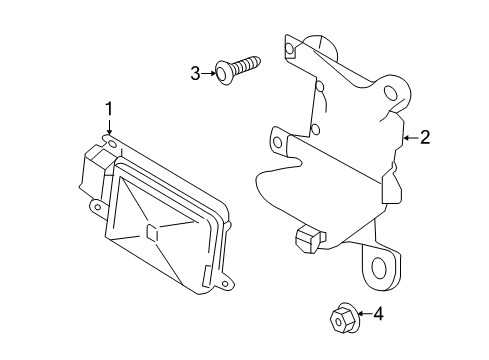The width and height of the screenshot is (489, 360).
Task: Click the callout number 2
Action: coord(424,138)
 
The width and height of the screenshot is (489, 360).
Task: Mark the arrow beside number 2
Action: coord(408,138)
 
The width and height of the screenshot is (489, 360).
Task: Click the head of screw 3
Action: coord(225,71)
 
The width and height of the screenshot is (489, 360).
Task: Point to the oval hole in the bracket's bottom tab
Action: coord(379,268)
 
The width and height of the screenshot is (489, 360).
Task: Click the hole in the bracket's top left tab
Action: coord(291,46)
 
